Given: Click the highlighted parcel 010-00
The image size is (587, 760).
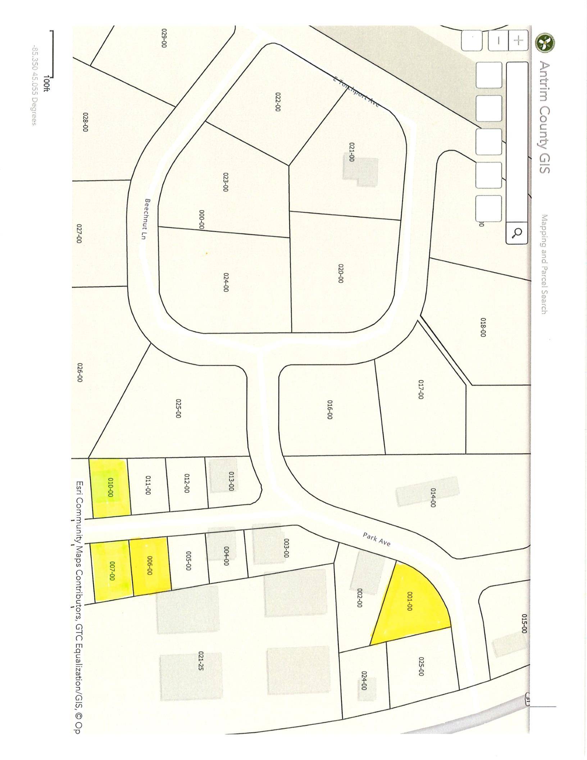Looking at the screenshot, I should (110, 487).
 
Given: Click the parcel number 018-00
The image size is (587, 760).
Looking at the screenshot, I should (483, 327).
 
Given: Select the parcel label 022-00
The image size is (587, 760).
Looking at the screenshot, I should (277, 102).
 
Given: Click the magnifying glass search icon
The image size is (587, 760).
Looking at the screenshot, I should (517, 233).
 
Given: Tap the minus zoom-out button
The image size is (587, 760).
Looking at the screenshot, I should (498, 40).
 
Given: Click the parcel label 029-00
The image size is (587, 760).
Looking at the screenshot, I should (164, 38).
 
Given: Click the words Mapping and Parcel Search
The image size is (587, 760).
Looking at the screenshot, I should (544, 264).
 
